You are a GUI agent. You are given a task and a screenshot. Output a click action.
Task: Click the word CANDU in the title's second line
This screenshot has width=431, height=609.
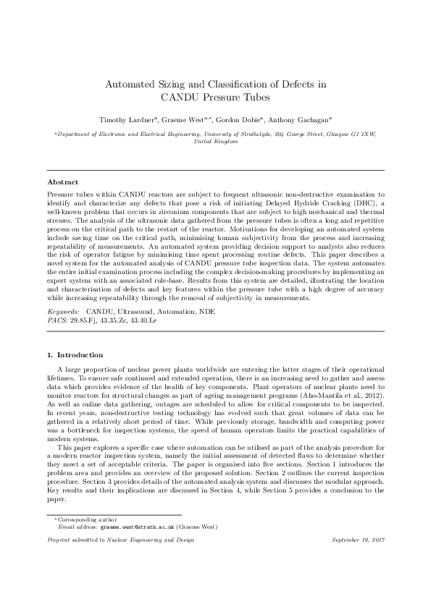pyautogui.click(x=182, y=96)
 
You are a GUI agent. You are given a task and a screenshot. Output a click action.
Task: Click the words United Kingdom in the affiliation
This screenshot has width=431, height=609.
pyautogui.click(x=215, y=142)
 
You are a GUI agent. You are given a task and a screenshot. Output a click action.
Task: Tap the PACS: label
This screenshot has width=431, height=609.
pyautogui.click(x=57, y=318)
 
